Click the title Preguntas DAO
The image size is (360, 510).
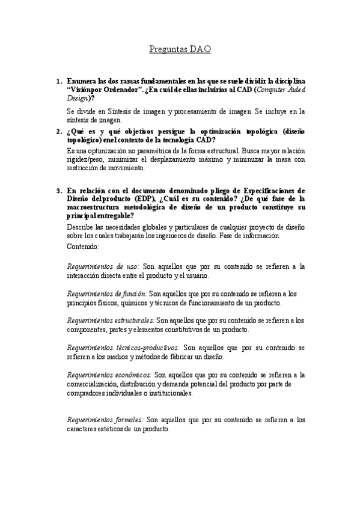[180, 51]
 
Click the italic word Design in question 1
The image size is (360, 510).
[78, 98]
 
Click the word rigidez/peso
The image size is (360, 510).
[85, 159]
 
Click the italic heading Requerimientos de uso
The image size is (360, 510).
[102, 266]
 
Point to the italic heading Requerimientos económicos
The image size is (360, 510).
[109, 375]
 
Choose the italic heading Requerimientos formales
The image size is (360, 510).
[105, 420]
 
